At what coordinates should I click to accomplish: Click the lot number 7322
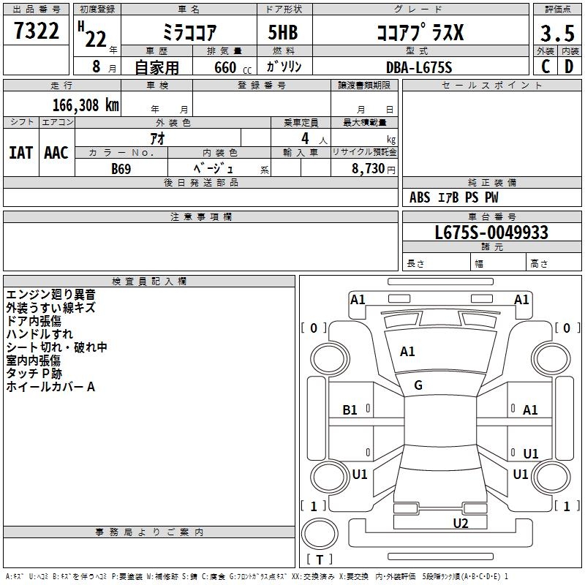37,33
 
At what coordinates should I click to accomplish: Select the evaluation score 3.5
556,34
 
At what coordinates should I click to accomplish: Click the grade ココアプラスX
419,33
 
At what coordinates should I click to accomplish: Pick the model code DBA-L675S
419,67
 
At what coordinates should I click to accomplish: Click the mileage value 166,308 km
86,105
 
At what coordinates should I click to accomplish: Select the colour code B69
121,169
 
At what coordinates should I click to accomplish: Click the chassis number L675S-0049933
491,233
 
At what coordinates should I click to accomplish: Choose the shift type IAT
20,153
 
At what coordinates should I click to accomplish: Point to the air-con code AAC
56,153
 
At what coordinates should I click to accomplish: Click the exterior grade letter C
545,67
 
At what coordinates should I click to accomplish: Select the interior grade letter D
568,67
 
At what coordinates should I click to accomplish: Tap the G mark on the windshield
418,385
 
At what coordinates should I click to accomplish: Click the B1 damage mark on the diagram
350,410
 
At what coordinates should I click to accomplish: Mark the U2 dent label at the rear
460,522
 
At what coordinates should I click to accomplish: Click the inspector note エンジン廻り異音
50,295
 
